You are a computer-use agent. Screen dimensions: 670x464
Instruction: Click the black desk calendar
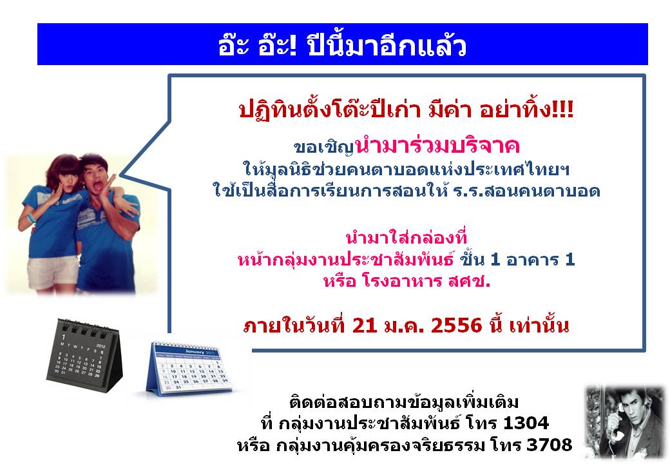84,355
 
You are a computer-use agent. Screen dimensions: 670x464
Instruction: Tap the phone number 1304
526,423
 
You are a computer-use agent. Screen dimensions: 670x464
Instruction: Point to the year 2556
456,325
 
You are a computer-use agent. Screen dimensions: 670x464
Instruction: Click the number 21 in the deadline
365,325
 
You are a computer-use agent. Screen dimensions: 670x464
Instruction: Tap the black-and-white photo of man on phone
625,422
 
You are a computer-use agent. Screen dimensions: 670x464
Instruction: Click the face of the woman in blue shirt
68,178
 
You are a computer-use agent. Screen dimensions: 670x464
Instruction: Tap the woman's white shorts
53,271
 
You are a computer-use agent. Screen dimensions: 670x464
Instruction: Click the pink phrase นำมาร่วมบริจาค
437,145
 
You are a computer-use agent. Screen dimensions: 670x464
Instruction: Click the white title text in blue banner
342,46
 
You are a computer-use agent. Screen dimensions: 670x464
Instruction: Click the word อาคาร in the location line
532,259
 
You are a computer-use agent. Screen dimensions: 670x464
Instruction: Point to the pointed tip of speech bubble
121,175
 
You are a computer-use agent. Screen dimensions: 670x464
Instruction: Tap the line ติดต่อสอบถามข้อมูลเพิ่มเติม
404,402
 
